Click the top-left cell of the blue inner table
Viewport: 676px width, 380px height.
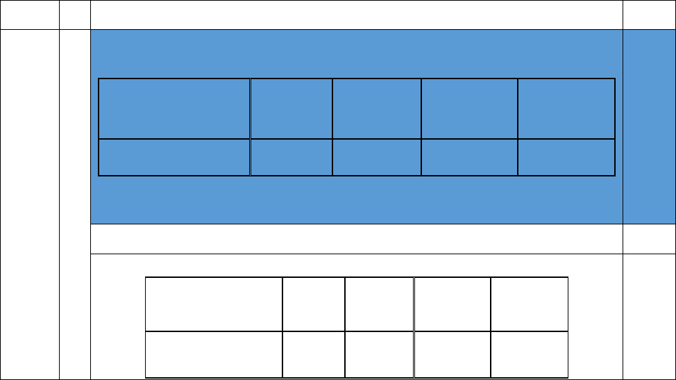point(174,108)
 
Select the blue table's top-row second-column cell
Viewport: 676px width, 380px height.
point(291,108)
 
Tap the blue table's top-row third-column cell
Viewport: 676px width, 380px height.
point(376,108)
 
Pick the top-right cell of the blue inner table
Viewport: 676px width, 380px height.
point(566,108)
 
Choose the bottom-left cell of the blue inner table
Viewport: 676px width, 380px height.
point(174,157)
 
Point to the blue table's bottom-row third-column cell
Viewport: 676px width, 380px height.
point(376,157)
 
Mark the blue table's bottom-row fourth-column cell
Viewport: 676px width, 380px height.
point(469,157)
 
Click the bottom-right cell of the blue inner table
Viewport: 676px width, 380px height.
point(566,157)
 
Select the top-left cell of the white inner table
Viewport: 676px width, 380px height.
point(214,304)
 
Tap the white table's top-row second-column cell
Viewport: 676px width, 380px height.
point(314,304)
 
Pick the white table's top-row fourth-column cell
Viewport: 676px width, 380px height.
point(453,304)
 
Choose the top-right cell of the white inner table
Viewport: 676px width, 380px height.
point(530,304)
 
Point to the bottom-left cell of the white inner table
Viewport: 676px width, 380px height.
point(214,354)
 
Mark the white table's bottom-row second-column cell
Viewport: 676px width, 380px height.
point(314,354)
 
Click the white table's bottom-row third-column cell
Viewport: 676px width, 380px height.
point(379,354)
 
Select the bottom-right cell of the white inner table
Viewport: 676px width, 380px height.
point(530,354)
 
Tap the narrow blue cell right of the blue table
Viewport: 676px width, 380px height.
point(649,126)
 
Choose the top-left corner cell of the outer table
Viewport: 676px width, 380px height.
point(29,15)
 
